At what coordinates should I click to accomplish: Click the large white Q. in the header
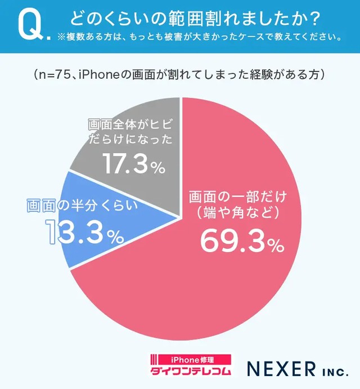tap(30, 25)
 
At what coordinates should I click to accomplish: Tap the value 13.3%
tap(84, 232)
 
